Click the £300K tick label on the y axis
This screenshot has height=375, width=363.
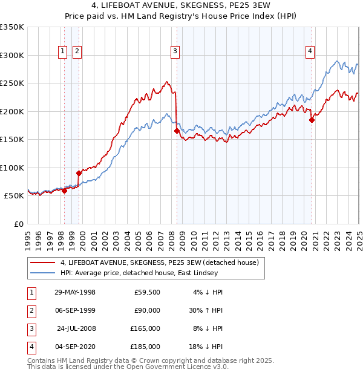coord(12,55)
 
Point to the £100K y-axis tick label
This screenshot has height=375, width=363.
coord(12,168)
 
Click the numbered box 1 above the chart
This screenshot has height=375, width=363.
coord(63,52)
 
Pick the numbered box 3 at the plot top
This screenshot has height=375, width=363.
coord(174,52)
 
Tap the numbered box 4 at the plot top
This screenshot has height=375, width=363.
coord(309,52)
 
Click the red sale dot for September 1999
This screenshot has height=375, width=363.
coord(79,173)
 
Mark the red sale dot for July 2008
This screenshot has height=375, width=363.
coord(177,131)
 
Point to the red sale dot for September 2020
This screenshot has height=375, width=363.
coord(312,120)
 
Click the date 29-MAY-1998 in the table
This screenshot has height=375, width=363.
coord(75,292)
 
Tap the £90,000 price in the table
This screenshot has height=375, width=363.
coord(147,310)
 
